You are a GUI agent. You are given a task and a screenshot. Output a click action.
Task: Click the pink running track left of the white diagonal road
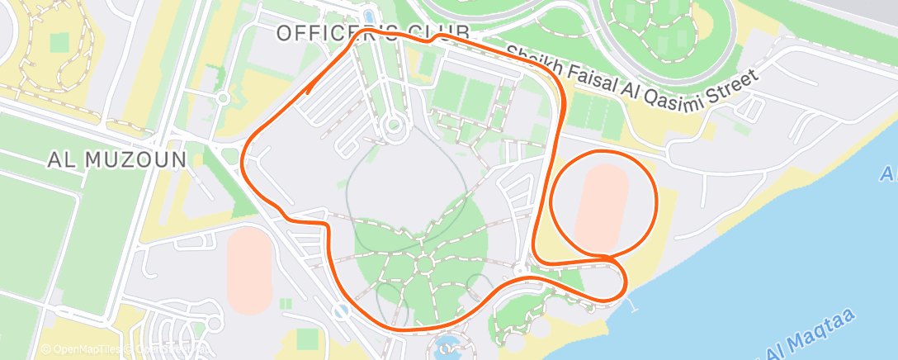point(248,269)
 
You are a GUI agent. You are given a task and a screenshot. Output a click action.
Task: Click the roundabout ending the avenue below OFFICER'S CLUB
point(393,126)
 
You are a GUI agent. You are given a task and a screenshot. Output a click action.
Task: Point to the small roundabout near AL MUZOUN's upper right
point(223,97)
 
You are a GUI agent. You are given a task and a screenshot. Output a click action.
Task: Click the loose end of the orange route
point(308,92)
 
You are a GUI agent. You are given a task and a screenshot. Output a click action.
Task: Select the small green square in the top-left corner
point(59,41)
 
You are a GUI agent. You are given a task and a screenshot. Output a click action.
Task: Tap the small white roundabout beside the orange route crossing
point(521,270)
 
